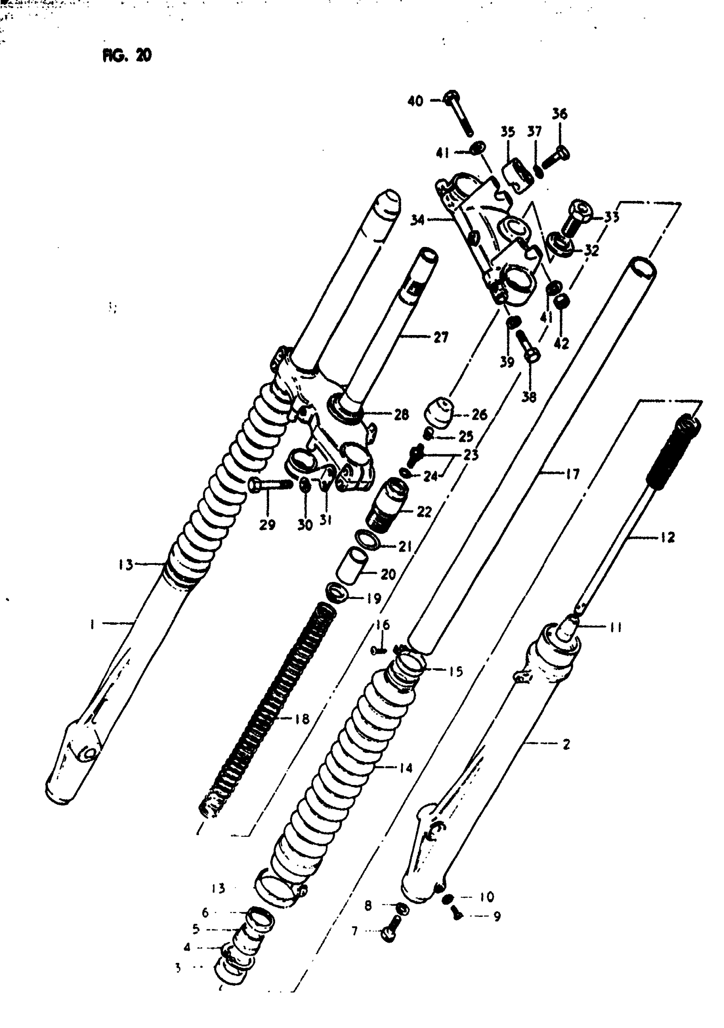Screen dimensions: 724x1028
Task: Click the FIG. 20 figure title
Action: (x=127, y=55)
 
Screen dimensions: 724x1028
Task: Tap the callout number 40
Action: (x=415, y=101)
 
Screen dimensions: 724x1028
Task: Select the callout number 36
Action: (x=559, y=114)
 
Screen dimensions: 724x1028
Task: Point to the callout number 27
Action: (x=441, y=337)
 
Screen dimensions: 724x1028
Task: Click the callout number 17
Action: (x=572, y=474)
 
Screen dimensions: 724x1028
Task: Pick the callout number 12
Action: (x=667, y=537)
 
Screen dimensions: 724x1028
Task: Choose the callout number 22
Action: (x=424, y=511)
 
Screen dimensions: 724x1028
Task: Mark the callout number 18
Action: (x=302, y=719)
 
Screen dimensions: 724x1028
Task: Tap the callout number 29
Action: (x=267, y=525)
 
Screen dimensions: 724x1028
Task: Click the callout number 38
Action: (x=529, y=397)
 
